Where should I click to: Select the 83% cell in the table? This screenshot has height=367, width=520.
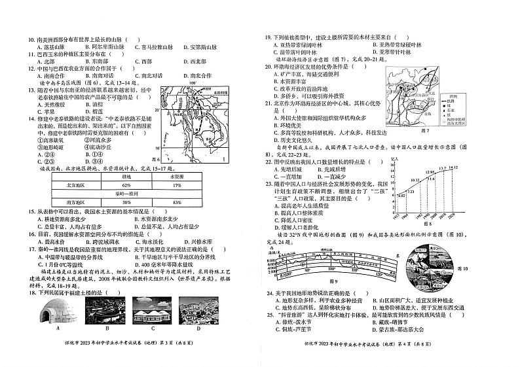point(177,203)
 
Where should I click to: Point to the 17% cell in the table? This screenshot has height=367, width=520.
point(177,185)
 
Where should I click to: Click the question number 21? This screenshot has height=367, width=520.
point(269,103)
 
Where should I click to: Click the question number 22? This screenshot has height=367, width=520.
point(269,160)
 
